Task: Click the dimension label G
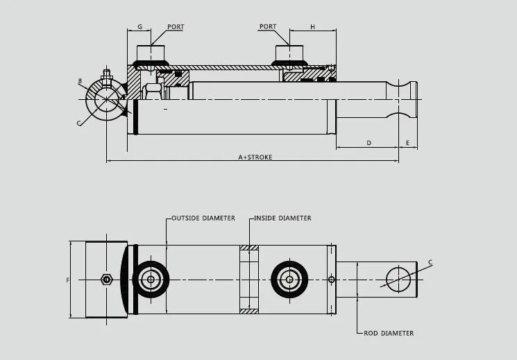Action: tap(139, 27)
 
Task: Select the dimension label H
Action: tap(312, 27)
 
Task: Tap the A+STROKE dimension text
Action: tap(255, 157)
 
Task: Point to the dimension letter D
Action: tap(368, 143)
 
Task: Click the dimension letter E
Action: tap(408, 143)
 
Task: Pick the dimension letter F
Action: tap(67, 280)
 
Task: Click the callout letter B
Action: tap(80, 81)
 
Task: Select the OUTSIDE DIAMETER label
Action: tap(203, 218)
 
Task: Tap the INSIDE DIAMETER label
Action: tap(282, 218)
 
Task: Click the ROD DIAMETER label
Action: tap(389, 334)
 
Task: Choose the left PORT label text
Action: tap(176, 27)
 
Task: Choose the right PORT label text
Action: tap(268, 27)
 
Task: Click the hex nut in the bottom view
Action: tap(106, 280)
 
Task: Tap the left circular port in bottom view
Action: tap(150, 280)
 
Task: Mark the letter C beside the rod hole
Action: tap(430, 262)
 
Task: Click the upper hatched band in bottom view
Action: tap(249, 248)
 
